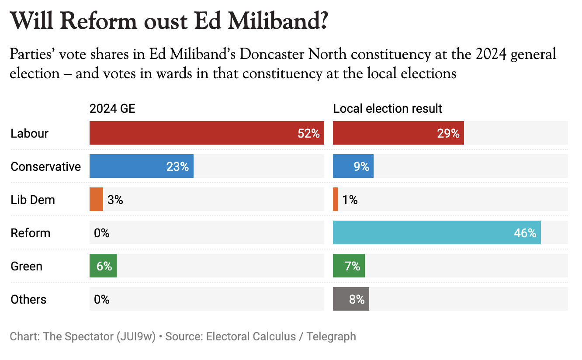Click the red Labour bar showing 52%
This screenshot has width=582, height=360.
[207, 133]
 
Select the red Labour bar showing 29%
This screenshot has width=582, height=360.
[398, 133]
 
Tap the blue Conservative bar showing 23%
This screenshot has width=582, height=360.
[141, 166]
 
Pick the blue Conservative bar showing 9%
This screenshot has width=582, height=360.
[353, 166]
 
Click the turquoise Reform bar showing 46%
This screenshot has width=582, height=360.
[436, 233]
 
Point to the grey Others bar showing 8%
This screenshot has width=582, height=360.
[351, 299]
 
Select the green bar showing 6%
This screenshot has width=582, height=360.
[103, 266]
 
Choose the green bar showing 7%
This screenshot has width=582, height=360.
[349, 266]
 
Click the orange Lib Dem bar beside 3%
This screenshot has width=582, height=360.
[96, 200]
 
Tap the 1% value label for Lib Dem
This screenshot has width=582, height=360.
[350, 200]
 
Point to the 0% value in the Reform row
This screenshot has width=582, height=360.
[102, 233]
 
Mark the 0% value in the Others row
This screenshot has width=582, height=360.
[102, 300]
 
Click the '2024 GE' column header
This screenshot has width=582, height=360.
[112, 108]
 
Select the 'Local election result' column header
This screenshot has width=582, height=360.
[388, 108]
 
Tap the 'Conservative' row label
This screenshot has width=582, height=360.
[46, 167]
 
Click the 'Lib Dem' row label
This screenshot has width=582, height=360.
[33, 200]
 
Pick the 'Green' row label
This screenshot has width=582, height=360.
[27, 267]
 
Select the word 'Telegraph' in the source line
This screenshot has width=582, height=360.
[331, 337]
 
